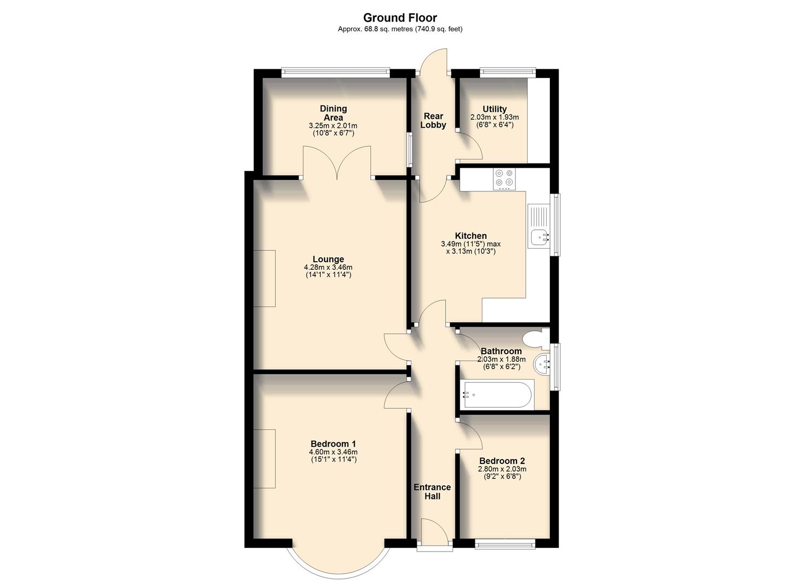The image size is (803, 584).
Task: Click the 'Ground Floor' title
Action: click(400, 18)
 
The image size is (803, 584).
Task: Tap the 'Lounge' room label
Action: click(328, 259)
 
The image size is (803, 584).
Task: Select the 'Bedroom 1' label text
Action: click(333, 444)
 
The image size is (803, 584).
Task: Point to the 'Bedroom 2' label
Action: click(502, 461)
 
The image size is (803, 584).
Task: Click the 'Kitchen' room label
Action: click(470, 236)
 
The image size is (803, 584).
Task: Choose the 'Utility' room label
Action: click(494, 109)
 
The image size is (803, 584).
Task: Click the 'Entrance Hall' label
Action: click(432, 492)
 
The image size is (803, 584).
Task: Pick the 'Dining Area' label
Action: click(333, 113)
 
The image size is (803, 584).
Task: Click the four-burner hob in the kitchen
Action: click(504, 179)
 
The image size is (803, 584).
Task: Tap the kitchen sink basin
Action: click(539, 237)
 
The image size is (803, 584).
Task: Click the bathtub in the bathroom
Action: click(497, 394)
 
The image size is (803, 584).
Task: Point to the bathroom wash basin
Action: click(542, 365)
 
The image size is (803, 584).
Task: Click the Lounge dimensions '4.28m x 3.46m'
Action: click(328, 267)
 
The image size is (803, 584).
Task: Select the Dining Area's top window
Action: click(335, 69)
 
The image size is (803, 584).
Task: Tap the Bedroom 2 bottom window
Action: click(505, 545)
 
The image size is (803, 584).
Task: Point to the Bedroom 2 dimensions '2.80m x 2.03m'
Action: click(502, 469)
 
